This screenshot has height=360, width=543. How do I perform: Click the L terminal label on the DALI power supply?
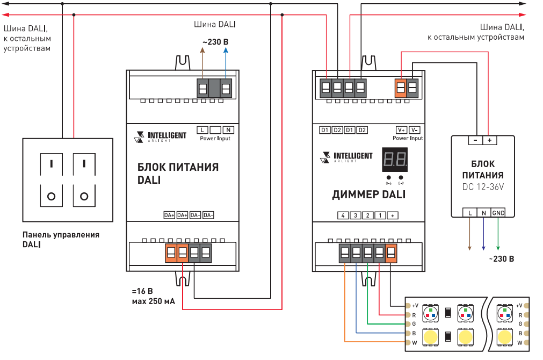pos(202,130)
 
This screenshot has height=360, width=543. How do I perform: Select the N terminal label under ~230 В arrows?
pos(228,130)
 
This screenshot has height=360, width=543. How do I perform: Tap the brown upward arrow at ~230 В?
pos(202,51)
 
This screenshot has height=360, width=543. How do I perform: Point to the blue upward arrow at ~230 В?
pos(226,51)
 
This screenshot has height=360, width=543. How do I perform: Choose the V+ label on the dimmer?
pos(401,130)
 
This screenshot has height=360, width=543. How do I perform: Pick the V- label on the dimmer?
pos(415,130)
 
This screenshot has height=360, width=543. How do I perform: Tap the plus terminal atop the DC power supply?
pos(489,140)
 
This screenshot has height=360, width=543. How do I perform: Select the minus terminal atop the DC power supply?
pos(475,140)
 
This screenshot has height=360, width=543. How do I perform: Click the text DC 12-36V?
pos(483,187)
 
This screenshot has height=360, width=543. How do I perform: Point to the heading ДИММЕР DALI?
pos(369,195)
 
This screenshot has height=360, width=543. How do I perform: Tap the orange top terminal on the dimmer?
pos(401,89)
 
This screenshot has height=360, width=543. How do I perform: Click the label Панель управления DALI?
pos(61,239)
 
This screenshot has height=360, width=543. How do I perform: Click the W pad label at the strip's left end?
pos(414,342)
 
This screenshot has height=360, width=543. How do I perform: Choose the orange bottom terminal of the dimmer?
pos(391,253)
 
